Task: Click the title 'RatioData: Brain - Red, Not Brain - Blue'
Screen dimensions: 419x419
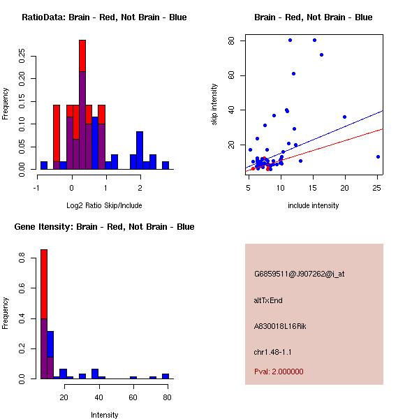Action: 104,17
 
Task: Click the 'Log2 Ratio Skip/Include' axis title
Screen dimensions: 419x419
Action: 104,205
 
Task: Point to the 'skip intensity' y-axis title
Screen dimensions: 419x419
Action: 215,104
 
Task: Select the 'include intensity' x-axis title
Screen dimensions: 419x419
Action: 314,205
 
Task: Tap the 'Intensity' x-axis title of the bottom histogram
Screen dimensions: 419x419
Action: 104,415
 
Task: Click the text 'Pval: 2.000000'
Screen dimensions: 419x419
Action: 279,372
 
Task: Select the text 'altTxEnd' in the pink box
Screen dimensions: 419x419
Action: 268,300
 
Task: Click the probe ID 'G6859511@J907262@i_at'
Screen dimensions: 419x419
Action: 299,274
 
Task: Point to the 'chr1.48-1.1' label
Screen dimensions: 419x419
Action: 273,351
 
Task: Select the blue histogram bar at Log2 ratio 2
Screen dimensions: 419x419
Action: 140,150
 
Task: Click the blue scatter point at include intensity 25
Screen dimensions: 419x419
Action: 378,156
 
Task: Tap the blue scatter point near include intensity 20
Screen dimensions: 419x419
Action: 344,117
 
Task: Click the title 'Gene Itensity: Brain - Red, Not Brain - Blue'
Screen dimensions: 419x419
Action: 104,227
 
